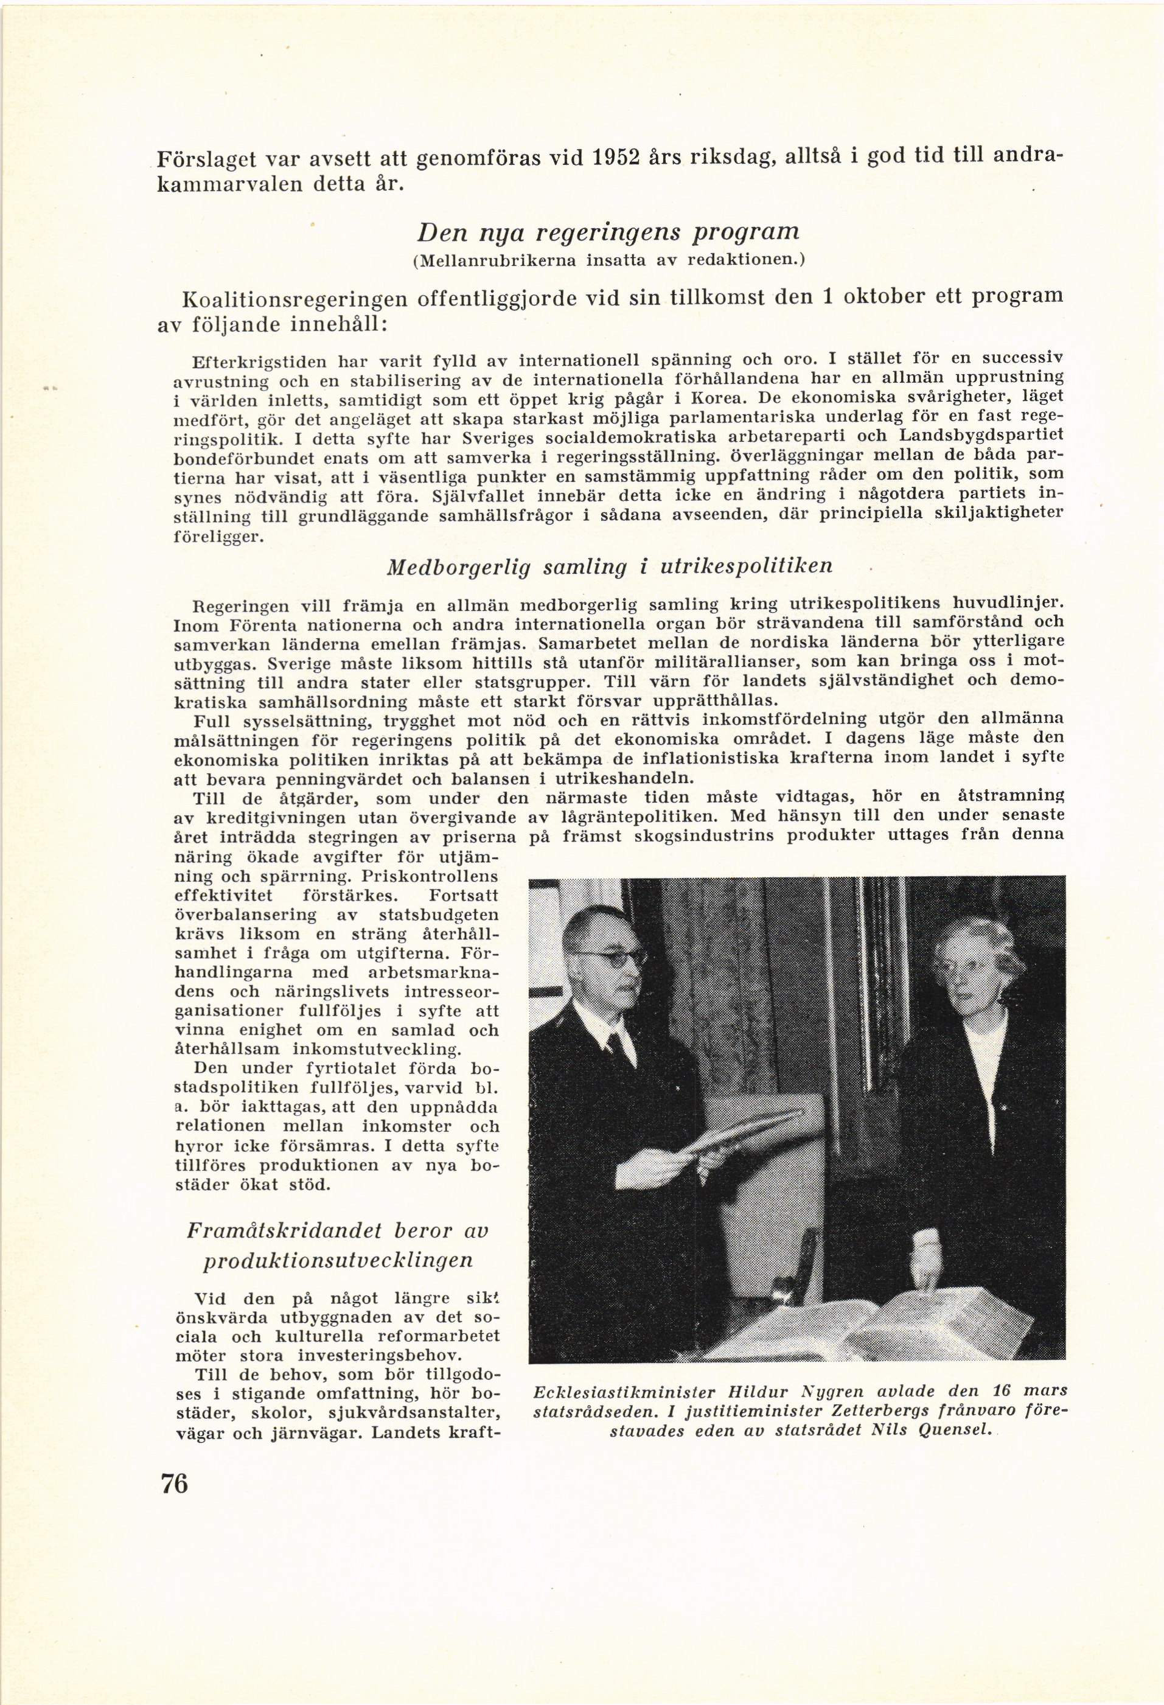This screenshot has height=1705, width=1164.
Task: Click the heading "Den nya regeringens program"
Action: pyautogui.click(x=607, y=232)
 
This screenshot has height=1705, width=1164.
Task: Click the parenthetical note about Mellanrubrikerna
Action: pyautogui.click(x=608, y=260)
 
